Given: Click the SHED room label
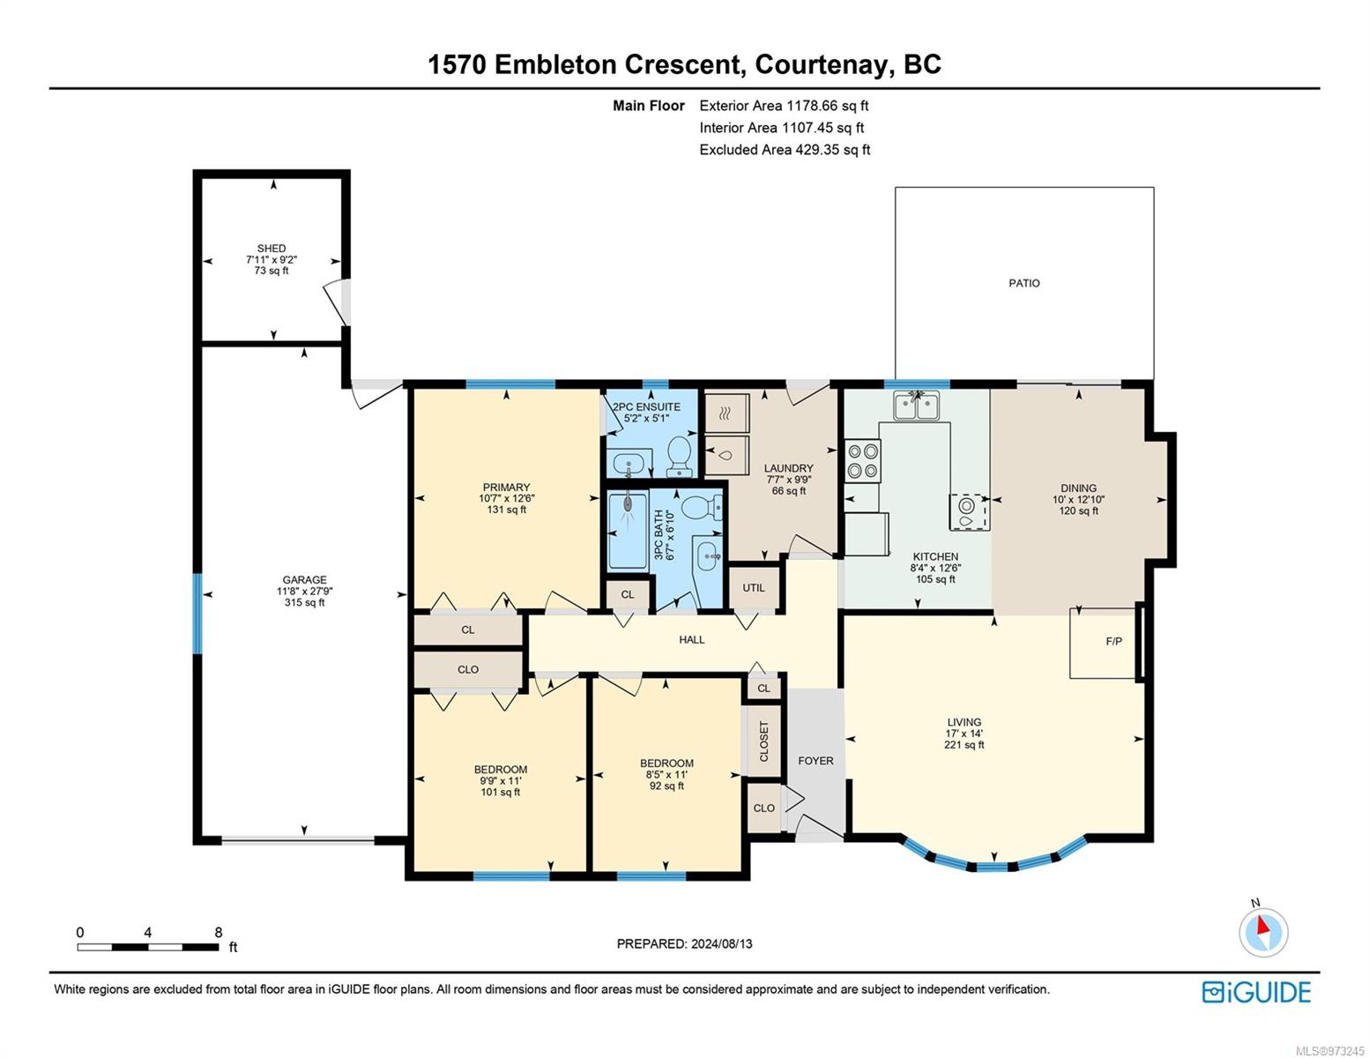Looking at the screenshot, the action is point(271,249).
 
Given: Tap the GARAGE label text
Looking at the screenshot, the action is point(304,580).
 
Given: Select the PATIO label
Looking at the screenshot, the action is point(1023,284).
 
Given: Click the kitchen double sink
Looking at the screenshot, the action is point(916,406).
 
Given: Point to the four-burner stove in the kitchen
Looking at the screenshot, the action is point(862,460).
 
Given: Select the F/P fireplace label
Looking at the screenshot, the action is point(1113,641).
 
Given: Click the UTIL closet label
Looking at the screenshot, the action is point(754,588).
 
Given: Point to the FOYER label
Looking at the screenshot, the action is point(815,761).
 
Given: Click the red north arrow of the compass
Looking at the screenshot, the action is point(1262,925).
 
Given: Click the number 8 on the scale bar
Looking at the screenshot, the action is point(218,932).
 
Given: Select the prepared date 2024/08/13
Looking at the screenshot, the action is point(721,943).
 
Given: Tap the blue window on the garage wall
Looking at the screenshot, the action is point(197,613).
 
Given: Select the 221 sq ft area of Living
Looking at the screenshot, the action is point(964,744).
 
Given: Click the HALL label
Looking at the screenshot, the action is point(691,639).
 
